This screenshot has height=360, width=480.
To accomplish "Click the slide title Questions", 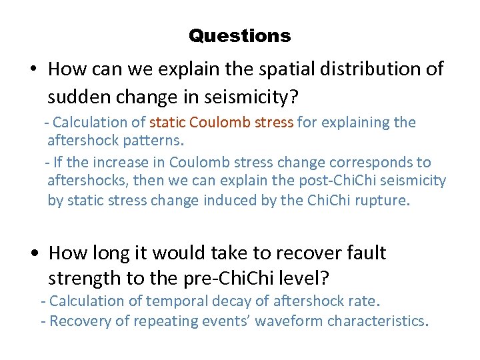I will (240, 36).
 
